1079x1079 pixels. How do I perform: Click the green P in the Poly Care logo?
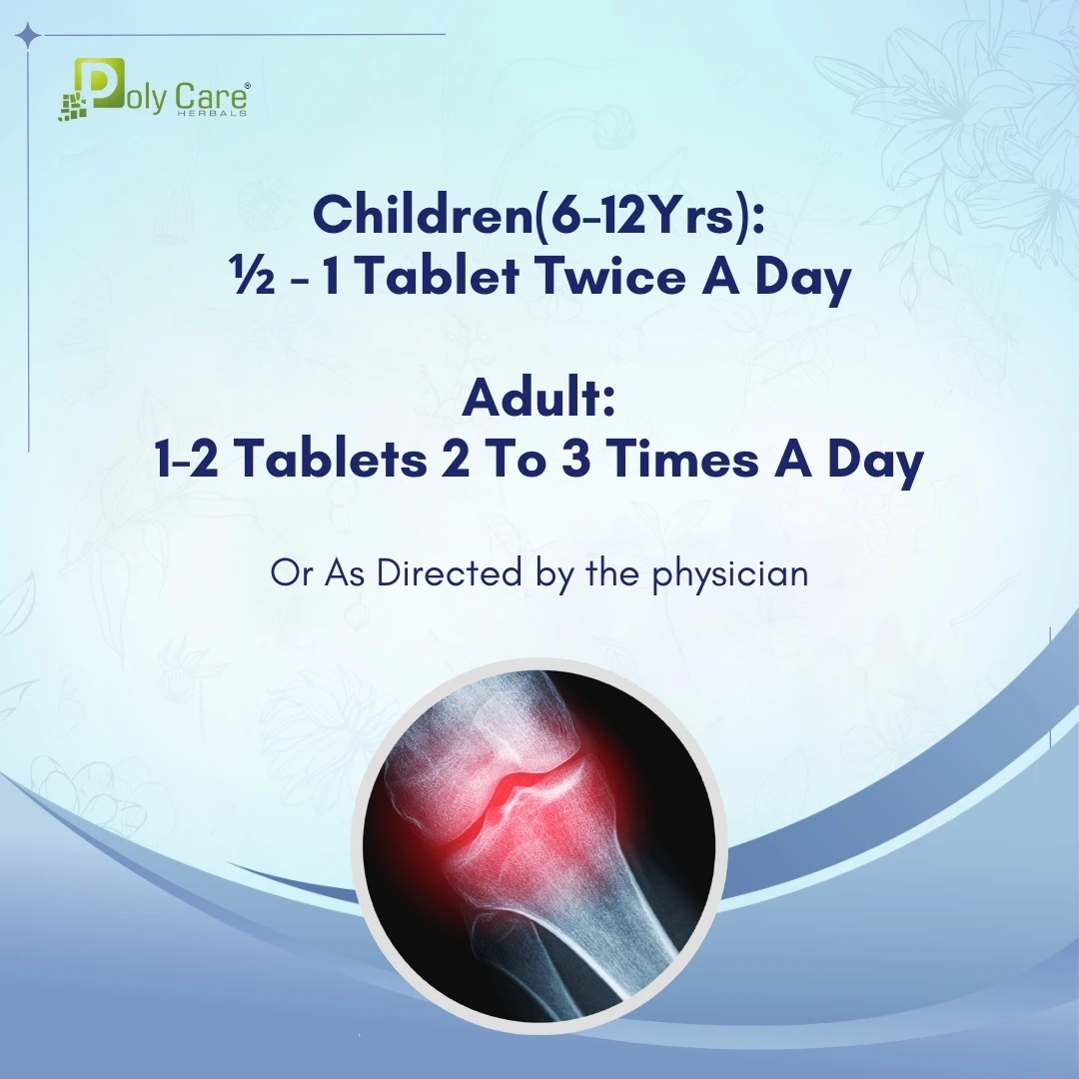point(99,84)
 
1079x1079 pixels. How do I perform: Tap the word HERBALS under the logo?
point(212,113)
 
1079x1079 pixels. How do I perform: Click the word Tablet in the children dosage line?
point(439,277)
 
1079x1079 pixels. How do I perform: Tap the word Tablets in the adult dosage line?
point(333,459)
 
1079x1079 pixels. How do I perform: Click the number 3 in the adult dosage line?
point(575,460)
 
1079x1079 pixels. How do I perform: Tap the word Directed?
point(449,572)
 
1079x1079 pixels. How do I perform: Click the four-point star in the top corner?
point(28,34)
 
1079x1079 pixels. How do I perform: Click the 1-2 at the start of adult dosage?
point(187,460)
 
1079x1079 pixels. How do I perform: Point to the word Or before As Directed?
point(291,573)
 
